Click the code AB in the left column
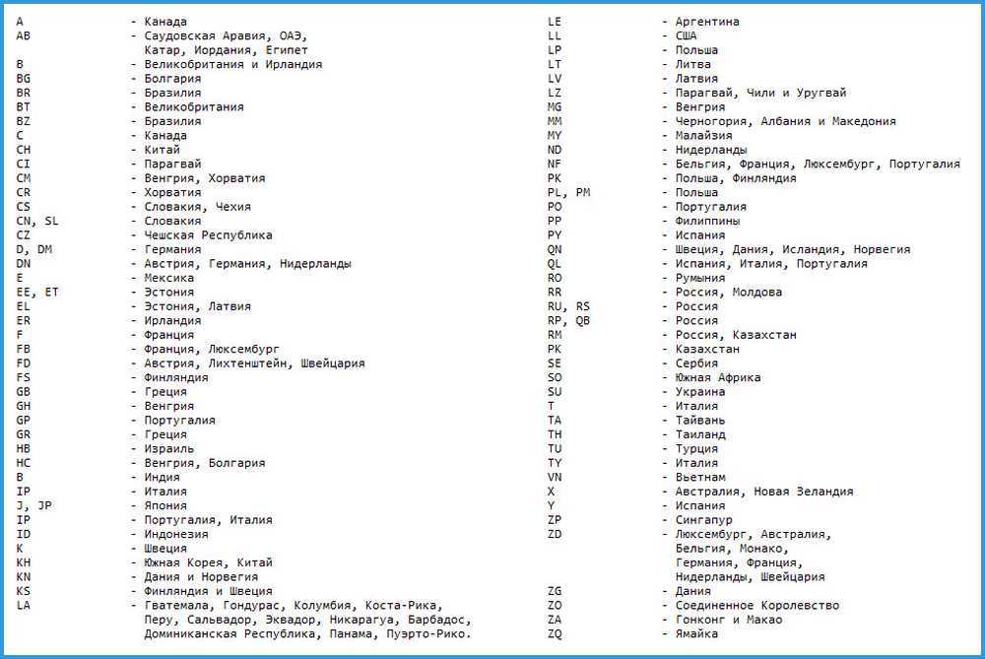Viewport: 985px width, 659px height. coord(23,35)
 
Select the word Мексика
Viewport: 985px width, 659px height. coord(169,278)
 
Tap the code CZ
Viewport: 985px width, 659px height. coord(23,235)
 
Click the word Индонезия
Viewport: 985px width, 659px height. coord(175,534)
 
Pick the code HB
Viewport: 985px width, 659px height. coord(23,448)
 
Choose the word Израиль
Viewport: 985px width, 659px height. coord(169,448)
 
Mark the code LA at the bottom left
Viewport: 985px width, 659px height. coord(23,605)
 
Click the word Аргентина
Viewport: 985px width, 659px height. coord(707,22)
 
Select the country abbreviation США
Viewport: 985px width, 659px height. coord(686,35)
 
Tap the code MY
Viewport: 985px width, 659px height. coord(555,135)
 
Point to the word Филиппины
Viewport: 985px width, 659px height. coord(707,221)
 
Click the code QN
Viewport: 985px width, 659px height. coord(555,249)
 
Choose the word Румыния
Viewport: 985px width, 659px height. coord(700,278)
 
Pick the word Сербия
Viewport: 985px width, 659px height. coord(696,363)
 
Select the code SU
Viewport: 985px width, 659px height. coord(555,392)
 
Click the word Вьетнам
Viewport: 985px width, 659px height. coord(700,477)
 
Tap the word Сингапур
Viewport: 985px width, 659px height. coord(703,519)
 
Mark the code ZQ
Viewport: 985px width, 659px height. coord(555,633)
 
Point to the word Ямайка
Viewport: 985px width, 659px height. coord(696,633)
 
